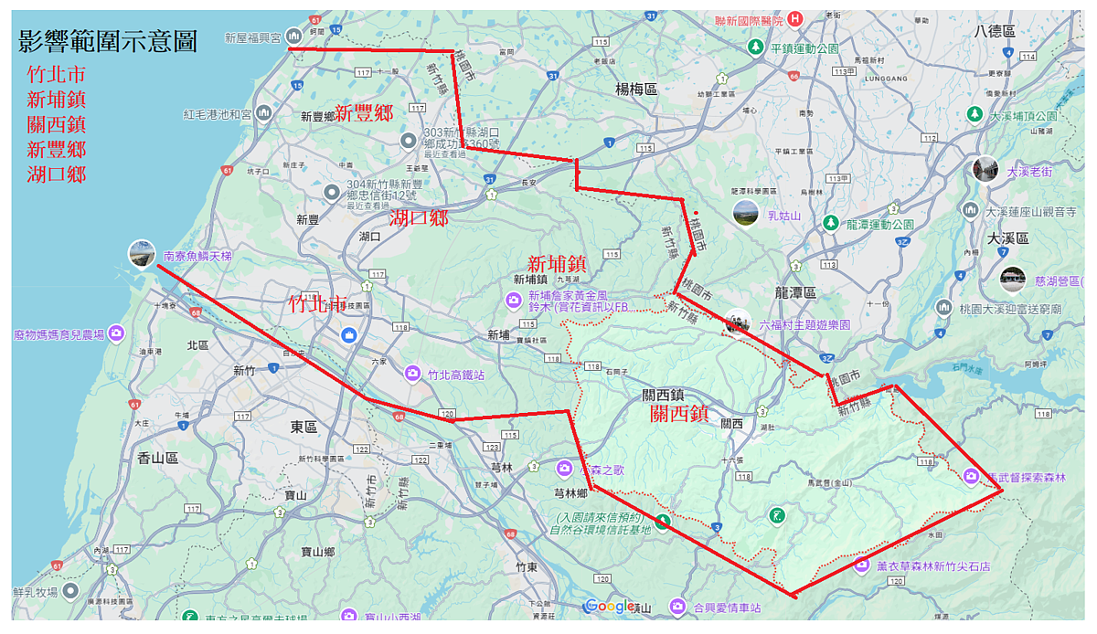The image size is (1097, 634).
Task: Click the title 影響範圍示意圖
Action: tap(107, 40)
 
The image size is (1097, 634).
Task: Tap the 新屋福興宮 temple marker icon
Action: tap(293, 36)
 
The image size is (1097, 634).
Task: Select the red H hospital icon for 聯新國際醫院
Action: tap(795, 19)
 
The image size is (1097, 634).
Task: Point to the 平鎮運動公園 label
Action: tap(804, 48)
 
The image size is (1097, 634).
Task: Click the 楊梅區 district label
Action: tap(636, 89)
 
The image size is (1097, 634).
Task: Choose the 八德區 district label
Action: tap(995, 31)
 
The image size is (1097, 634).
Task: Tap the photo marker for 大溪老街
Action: tap(985, 170)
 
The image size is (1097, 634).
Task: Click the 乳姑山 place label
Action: tap(784, 216)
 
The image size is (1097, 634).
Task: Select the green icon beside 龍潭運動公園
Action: tap(830, 223)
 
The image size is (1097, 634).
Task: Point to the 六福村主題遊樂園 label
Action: tap(804, 324)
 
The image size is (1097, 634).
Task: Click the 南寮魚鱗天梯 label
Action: tap(197, 257)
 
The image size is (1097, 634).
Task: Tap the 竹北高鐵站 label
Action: tap(456, 374)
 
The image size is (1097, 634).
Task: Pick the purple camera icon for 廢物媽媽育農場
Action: tap(116, 334)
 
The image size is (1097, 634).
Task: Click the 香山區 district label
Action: tap(157, 458)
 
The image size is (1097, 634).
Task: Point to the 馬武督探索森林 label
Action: tap(1028, 477)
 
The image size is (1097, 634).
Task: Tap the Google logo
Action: tap(610, 606)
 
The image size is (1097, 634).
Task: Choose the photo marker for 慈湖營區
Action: tap(1012, 279)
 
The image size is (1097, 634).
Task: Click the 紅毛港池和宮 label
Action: tap(218, 114)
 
